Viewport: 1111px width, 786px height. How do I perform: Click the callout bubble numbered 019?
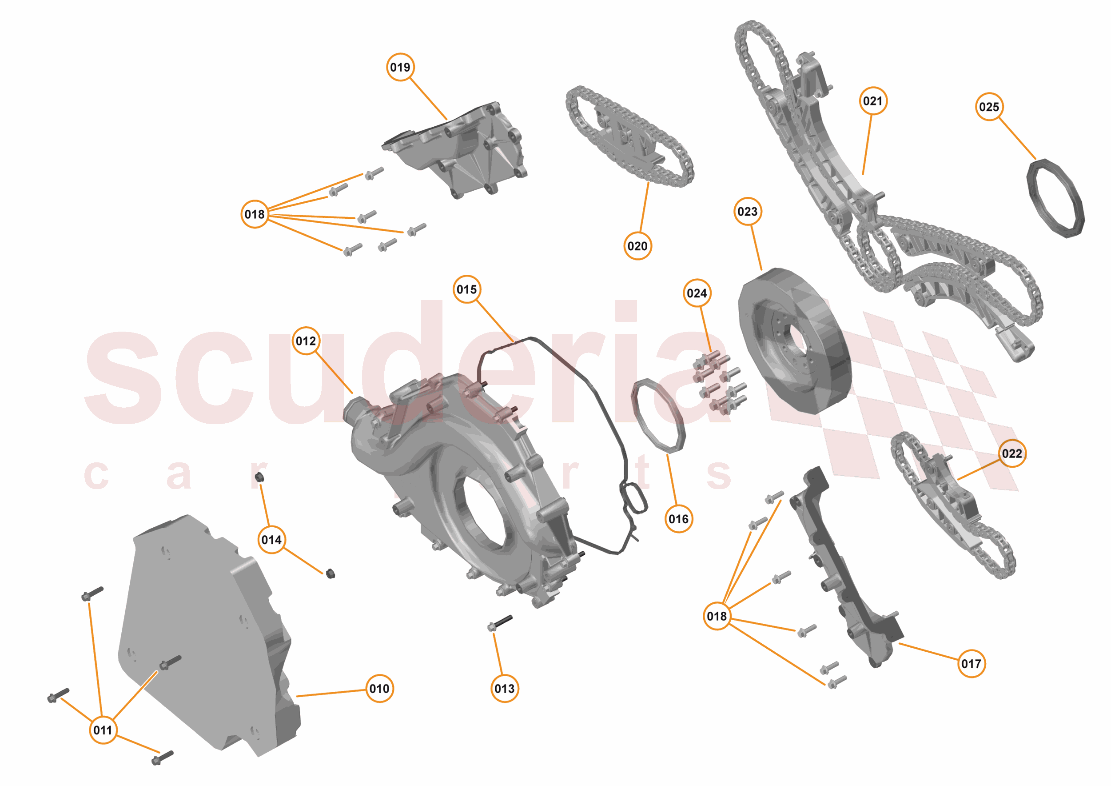pos(400,67)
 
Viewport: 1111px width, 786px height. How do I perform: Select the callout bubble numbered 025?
pos(988,107)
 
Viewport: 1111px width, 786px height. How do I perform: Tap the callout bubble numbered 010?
pos(379,688)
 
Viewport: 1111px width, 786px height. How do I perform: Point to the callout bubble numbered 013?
pos(504,688)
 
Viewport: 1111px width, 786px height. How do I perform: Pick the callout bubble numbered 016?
pos(678,519)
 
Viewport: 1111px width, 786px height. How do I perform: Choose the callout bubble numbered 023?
pos(747,212)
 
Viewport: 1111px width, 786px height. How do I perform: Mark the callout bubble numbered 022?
pos(1011,453)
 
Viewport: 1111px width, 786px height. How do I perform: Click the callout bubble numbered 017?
pos(971,663)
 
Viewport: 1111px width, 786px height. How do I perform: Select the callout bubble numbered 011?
pos(103,730)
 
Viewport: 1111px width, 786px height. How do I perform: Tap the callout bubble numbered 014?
pos(271,540)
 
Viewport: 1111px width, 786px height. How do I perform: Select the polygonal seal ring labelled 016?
pos(658,417)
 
